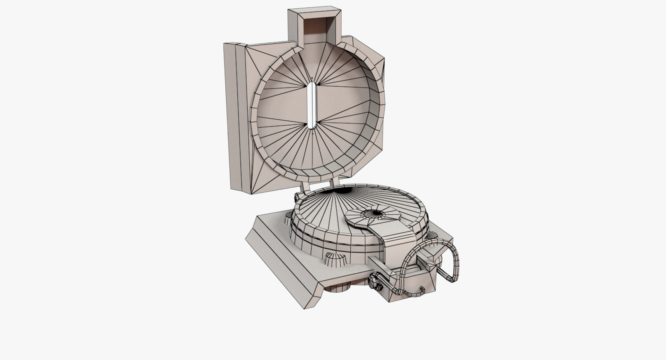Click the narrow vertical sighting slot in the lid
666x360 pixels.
pos(312,106)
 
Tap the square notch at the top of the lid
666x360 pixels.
pos(315,26)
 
